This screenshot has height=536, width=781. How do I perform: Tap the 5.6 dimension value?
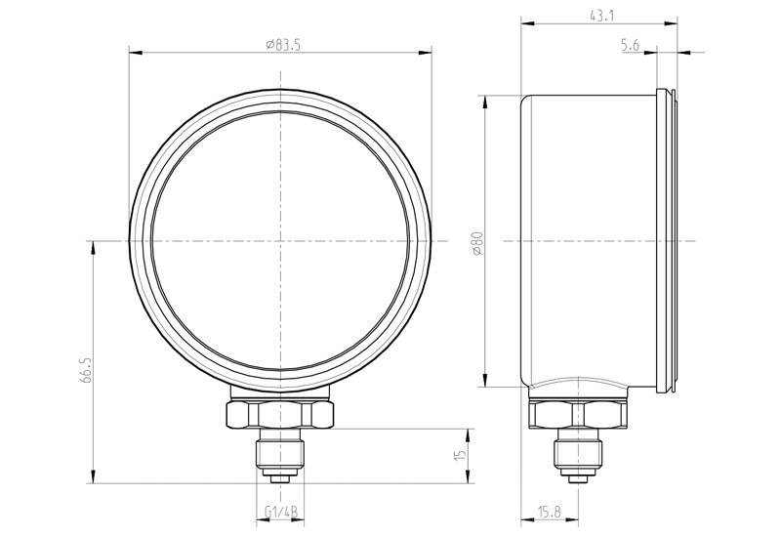tap(630, 45)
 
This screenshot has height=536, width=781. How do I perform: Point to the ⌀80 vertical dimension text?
tap(476, 241)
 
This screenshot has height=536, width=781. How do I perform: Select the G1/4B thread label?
tap(281, 513)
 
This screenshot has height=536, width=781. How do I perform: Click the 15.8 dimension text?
tap(549, 513)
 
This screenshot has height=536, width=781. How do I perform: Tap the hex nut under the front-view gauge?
tap(281, 413)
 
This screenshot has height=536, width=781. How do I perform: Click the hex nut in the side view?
tap(578, 415)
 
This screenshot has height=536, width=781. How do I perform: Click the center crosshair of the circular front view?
tap(281, 240)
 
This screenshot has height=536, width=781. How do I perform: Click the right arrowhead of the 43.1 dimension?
tap(674, 22)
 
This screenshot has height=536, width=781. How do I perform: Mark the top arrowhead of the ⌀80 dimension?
tap(485, 99)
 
